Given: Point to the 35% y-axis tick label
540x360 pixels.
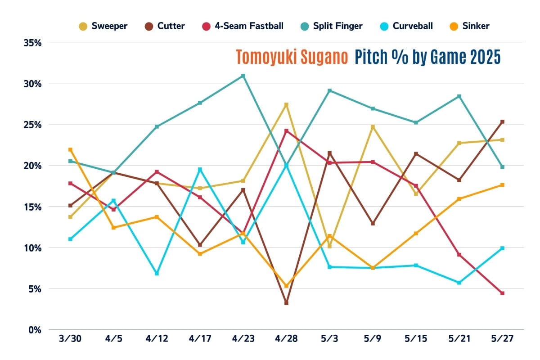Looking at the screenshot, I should tap(32, 43).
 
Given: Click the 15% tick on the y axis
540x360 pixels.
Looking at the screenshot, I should tap(32, 207).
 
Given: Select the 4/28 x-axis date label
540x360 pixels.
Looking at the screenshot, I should tap(286, 339).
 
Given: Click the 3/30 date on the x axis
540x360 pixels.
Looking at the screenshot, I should tap(70, 339).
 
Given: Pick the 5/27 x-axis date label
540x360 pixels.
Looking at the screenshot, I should tap(502, 339).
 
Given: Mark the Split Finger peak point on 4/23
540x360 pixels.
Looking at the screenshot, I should tap(243, 76).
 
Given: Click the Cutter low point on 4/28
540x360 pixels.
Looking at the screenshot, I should tap(286, 303).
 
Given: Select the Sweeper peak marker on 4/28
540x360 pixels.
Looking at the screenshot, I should tap(286, 104).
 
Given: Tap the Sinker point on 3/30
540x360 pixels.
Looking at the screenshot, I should tap(70, 149).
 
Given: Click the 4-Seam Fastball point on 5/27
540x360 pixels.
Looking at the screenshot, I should tap(502, 293).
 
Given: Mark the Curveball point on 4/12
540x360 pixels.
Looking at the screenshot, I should tap(157, 273).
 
